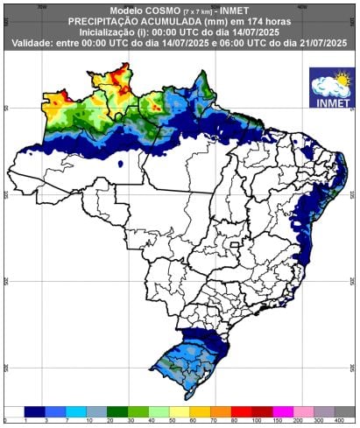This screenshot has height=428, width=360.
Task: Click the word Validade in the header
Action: click(38, 41)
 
